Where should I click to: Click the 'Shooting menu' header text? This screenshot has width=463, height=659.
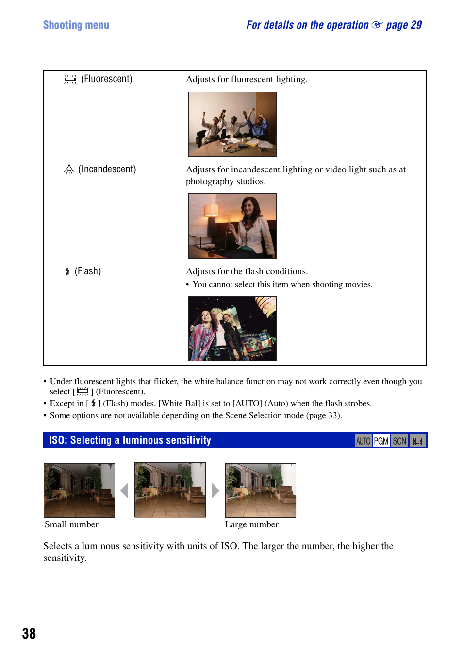76,25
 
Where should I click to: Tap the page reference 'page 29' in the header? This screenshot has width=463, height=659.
404,25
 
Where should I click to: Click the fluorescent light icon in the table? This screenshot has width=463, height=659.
70,79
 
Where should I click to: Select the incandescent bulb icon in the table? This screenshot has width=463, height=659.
69,169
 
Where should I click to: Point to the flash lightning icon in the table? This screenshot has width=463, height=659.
67,271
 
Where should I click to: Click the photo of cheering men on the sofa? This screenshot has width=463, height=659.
232,124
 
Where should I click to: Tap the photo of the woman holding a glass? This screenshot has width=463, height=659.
232,226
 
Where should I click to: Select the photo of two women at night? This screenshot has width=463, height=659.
232,328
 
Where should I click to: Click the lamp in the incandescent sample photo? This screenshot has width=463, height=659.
211,210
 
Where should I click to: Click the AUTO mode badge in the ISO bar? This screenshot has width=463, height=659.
363,441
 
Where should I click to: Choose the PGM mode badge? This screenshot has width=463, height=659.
381,441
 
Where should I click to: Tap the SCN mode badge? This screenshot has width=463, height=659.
399,441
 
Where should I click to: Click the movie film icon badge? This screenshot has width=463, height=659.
417,441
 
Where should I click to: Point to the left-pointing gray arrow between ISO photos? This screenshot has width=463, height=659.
124,490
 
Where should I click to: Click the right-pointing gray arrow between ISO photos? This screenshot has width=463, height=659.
215,490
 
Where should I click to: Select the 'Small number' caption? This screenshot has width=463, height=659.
71,524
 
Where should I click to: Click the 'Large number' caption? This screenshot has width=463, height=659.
251,524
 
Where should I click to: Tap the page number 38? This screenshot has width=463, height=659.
29,634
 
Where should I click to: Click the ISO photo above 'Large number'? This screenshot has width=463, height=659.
260,490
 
